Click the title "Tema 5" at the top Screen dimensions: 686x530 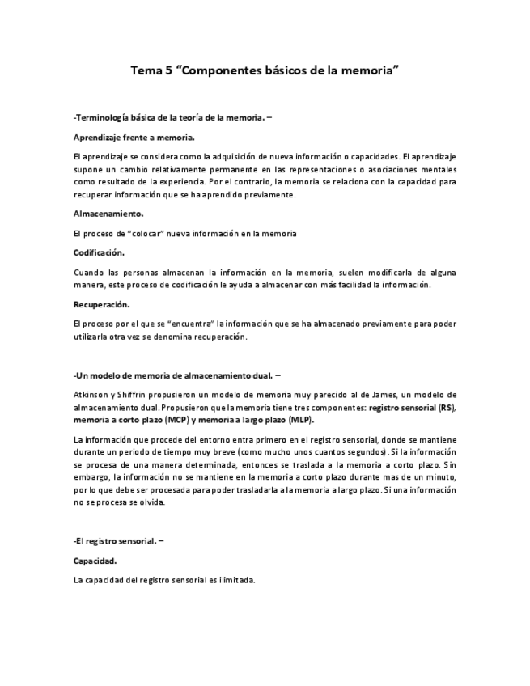coord(151,70)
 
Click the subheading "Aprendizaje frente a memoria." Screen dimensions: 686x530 coord(134,138)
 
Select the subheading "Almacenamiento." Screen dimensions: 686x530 coord(108,214)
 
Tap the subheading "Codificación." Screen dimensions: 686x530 coord(99,252)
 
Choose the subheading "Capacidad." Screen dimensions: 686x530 coord(94,560)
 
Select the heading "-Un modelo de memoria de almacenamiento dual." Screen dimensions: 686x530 coord(176,375)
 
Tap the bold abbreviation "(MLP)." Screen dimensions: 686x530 coord(299,421)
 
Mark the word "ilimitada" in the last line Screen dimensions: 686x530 coord(235,579)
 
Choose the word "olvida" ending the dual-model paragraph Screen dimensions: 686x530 coord(149,502)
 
